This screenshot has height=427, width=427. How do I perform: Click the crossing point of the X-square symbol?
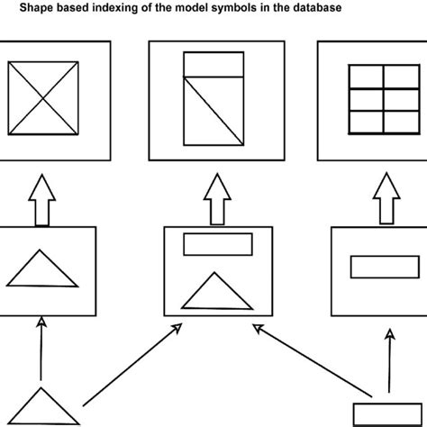point(44,98)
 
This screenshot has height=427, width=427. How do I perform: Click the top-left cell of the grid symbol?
point(363,74)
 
